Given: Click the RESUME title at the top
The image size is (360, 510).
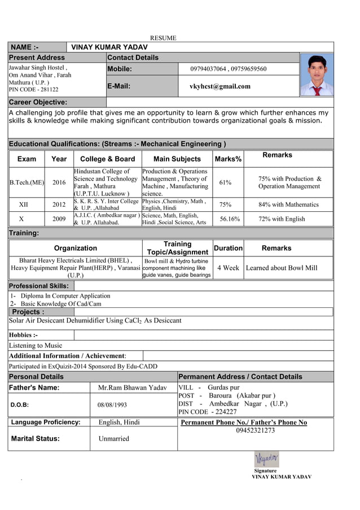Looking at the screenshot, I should click(163, 38).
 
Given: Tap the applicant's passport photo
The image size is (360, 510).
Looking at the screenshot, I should click(316, 75).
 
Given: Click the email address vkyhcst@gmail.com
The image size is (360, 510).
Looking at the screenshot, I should click(220, 86).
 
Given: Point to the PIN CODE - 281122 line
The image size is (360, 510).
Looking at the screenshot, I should click(33, 89).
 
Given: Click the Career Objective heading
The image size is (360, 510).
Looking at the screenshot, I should click(38, 102).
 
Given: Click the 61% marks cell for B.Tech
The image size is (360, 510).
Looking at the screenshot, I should click(225, 182).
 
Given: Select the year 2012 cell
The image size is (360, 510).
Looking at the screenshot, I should click(59, 204).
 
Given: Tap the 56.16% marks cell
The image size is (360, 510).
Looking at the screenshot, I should click(230, 219).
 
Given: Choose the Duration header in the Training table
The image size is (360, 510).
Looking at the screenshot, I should click(228, 248).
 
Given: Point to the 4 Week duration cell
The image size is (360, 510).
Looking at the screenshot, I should click(228, 268).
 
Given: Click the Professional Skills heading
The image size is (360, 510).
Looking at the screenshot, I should click(39, 286).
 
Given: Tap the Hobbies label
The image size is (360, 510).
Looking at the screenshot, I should click(23, 335).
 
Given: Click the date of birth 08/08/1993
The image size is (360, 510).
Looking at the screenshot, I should click(112, 405).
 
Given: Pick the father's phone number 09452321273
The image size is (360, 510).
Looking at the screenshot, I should click(255, 430).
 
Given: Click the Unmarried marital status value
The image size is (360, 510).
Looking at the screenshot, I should click(113, 439).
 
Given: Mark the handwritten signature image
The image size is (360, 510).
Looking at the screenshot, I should click(266, 459).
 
